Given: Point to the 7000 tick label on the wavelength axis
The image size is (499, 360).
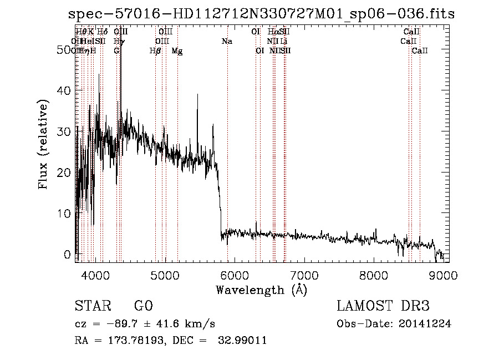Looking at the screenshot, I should point(304,275).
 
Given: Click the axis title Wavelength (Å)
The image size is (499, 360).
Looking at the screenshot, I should point(261,290).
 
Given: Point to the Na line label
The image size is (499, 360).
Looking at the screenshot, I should point(227,42).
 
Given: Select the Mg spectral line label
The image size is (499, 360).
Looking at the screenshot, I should point(177,51).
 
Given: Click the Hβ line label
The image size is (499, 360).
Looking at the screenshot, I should point(155,51).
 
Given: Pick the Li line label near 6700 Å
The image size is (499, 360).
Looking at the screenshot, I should point(283,42).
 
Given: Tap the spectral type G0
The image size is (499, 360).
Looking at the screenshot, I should point(143,306).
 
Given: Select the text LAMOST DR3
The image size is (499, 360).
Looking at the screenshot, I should point(383,306).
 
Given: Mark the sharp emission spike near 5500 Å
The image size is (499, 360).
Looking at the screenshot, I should point(198,95).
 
